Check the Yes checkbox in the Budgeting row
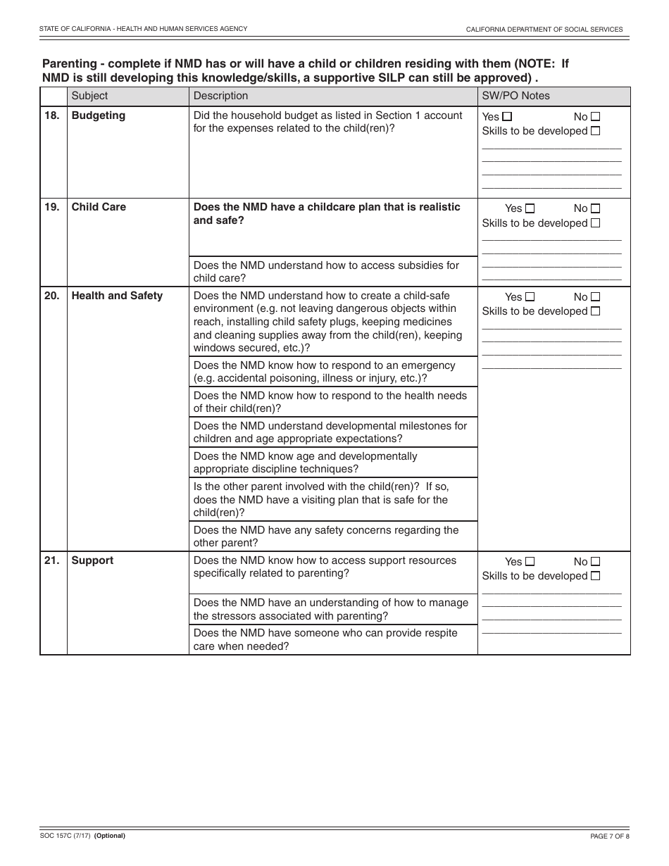(508, 117)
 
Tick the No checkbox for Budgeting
(596, 117)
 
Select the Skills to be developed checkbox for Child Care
(596, 223)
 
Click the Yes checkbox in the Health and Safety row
(530, 297)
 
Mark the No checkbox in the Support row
(596, 562)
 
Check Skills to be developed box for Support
(596, 576)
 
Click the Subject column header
(90, 96)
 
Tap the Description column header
(220, 96)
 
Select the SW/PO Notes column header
(515, 96)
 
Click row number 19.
(52, 207)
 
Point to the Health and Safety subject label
(117, 296)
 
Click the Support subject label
(92, 560)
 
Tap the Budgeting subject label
(99, 115)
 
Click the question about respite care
(325, 639)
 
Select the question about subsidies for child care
(326, 272)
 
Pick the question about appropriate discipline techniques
(306, 463)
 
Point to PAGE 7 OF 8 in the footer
(609, 836)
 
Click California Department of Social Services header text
(544, 30)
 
